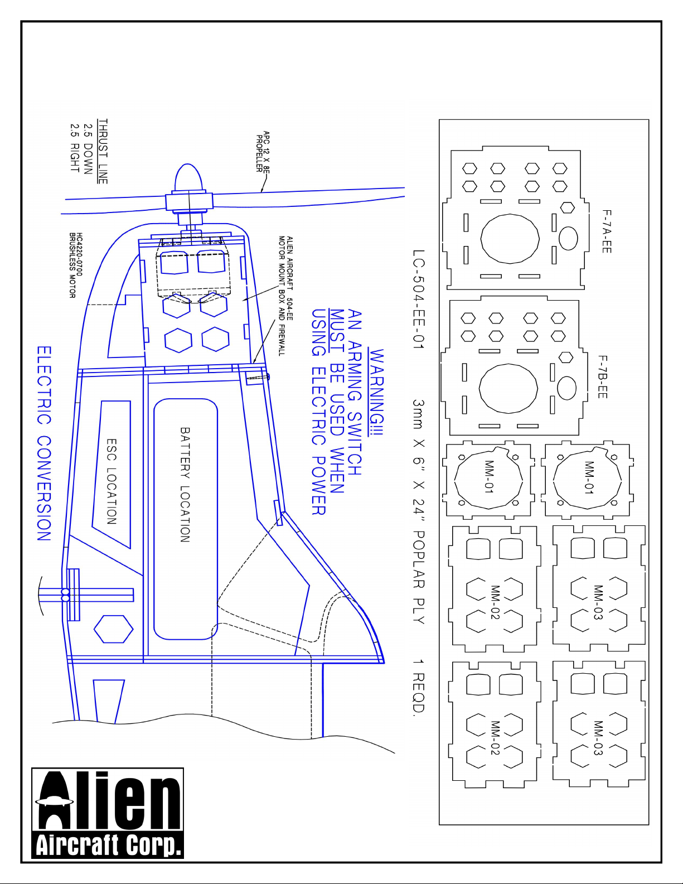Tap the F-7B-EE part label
point(603,377)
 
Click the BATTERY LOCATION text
point(185,485)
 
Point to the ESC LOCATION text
point(112,481)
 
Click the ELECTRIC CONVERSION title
point(44,443)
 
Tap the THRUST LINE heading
point(103,151)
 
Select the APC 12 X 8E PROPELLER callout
point(263,151)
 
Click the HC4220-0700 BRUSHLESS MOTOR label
point(76,265)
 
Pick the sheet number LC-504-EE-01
point(419,300)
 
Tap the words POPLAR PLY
point(419,577)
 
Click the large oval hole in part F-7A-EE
point(510,239)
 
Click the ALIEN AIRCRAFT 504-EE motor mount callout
point(285,296)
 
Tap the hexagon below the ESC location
point(113,629)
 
